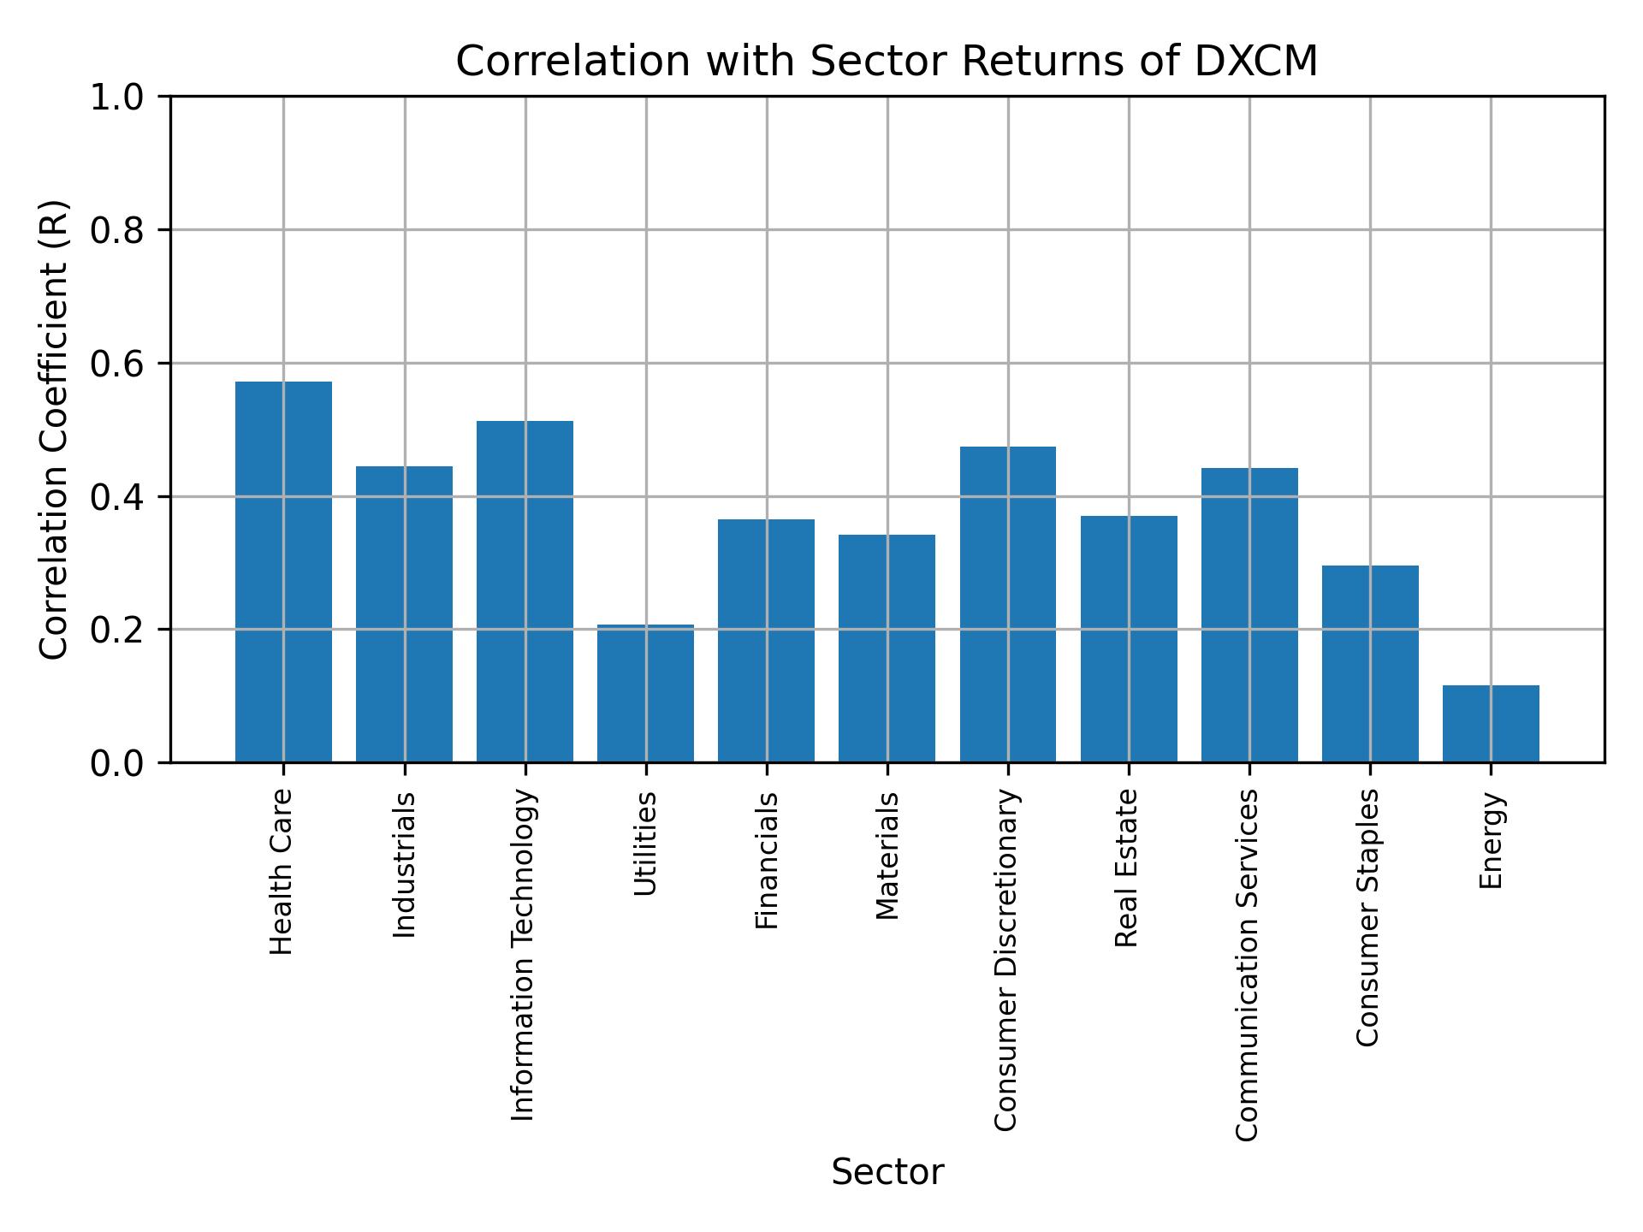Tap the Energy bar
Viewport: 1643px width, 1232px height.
pos(1491,724)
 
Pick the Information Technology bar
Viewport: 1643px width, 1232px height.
pos(525,591)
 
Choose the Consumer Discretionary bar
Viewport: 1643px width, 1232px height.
pos(1007,604)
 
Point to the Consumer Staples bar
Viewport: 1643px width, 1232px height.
pos(1370,664)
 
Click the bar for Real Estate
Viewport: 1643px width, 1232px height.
pos(1129,639)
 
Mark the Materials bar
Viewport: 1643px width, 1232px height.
pos(887,649)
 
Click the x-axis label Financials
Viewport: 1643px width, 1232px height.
pos(767,861)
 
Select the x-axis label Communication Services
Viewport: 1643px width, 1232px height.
pos(1248,965)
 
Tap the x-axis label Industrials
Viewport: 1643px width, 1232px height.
pos(404,865)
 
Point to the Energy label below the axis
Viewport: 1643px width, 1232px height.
pos(1491,841)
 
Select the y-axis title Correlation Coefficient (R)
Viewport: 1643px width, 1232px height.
pos(54,429)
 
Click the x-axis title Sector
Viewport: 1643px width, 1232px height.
pos(887,1173)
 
